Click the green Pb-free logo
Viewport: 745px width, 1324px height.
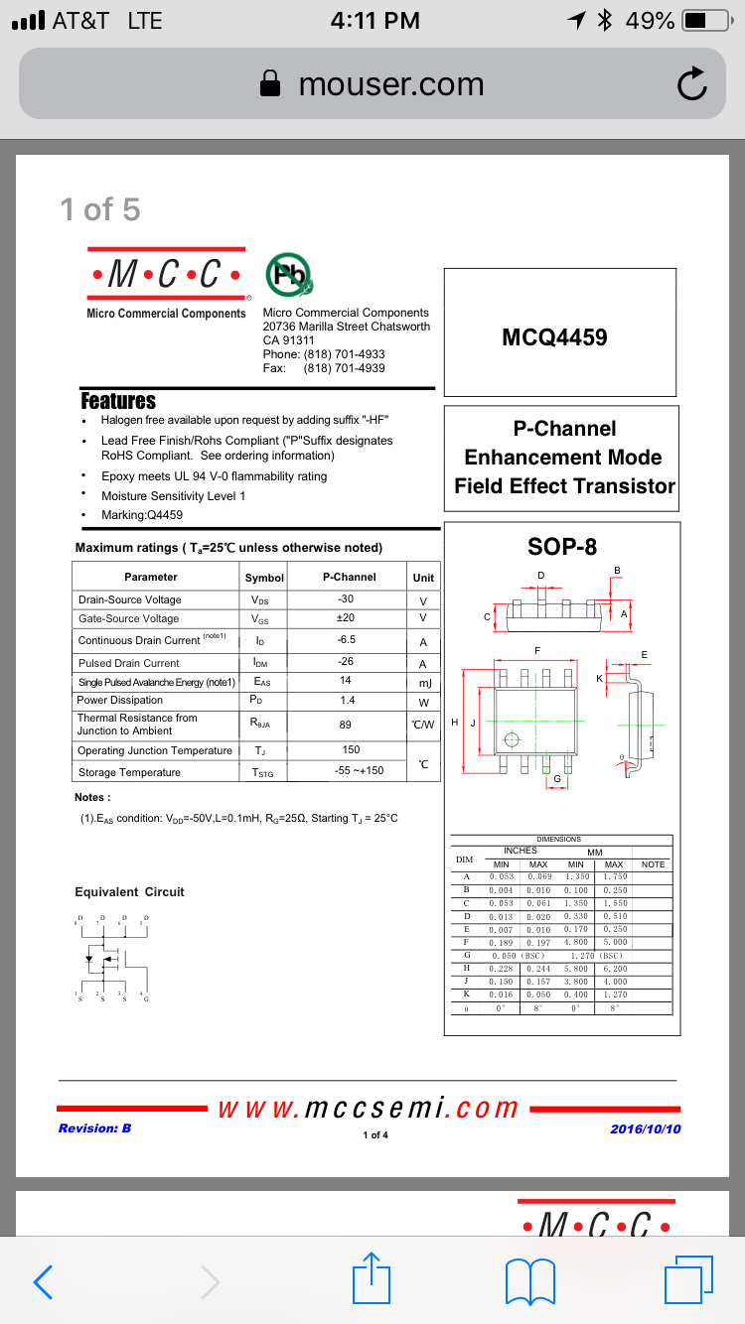click(x=288, y=276)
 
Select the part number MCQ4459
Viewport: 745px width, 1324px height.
click(x=554, y=337)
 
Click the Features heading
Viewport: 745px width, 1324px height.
click(x=118, y=401)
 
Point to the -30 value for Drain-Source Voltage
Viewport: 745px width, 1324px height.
click(x=347, y=598)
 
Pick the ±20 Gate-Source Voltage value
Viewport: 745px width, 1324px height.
click(x=347, y=617)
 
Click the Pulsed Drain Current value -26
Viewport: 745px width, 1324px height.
click(x=347, y=662)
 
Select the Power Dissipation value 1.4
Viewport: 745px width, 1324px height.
click(x=346, y=700)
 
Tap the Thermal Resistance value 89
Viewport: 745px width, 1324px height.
click(x=346, y=725)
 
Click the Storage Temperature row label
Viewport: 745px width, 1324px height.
click(x=129, y=772)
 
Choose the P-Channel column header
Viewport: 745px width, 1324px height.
click(x=349, y=577)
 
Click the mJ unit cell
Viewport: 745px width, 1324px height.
click(x=423, y=682)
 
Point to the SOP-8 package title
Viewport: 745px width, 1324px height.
click(x=562, y=546)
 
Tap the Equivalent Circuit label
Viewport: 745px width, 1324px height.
click(x=129, y=891)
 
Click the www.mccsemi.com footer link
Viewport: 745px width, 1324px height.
click(x=369, y=1108)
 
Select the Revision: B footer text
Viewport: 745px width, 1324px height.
click(x=94, y=1127)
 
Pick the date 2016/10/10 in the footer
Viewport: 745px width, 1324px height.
click(x=645, y=1128)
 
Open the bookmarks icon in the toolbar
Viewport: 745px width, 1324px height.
click(x=530, y=1280)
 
